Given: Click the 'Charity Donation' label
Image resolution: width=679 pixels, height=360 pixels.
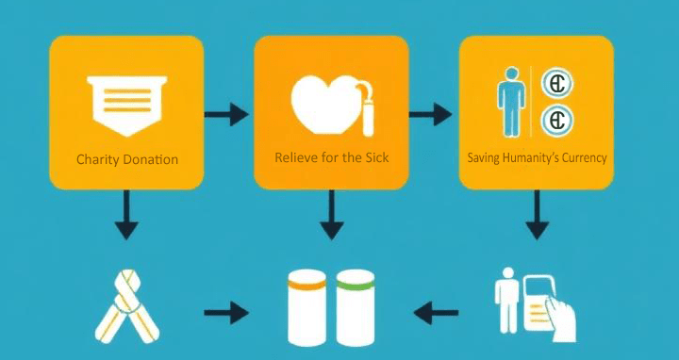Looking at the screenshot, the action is pyautogui.click(x=127, y=159).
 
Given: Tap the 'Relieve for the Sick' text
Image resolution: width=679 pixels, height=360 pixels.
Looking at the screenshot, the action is pyautogui.click(x=331, y=157).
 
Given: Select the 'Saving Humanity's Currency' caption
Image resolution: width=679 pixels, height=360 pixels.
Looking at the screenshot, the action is pyautogui.click(x=537, y=157).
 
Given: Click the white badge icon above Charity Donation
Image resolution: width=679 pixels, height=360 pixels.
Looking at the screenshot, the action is pyautogui.click(x=126, y=101).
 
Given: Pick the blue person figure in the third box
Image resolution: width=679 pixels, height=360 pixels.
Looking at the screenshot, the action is pyautogui.click(x=510, y=102).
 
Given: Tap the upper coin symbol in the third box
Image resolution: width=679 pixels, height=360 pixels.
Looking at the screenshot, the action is pyautogui.click(x=557, y=84).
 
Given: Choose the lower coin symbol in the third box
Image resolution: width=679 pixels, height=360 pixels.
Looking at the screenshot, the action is pyautogui.click(x=557, y=121).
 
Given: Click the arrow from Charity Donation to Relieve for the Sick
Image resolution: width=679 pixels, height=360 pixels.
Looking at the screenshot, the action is pyautogui.click(x=227, y=115).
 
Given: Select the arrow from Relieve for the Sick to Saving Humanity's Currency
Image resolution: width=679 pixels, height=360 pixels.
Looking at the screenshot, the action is pyautogui.click(x=431, y=115).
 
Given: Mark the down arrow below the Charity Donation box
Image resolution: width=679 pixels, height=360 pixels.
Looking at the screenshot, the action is pyautogui.click(x=125, y=217).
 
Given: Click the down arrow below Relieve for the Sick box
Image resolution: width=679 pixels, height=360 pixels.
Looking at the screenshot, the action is pyautogui.click(x=331, y=217).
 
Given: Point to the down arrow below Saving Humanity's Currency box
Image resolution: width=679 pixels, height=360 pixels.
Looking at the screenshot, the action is pyautogui.click(x=537, y=217).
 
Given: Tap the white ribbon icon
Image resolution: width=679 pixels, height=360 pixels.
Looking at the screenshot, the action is pyautogui.click(x=129, y=307).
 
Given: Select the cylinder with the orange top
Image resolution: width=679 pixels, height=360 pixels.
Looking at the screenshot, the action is pyautogui.click(x=306, y=306).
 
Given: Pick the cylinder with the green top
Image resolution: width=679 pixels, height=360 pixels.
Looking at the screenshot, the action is pyautogui.click(x=356, y=306).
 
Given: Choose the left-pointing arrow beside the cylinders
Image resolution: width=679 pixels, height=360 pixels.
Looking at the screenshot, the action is pyautogui.click(x=437, y=310).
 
